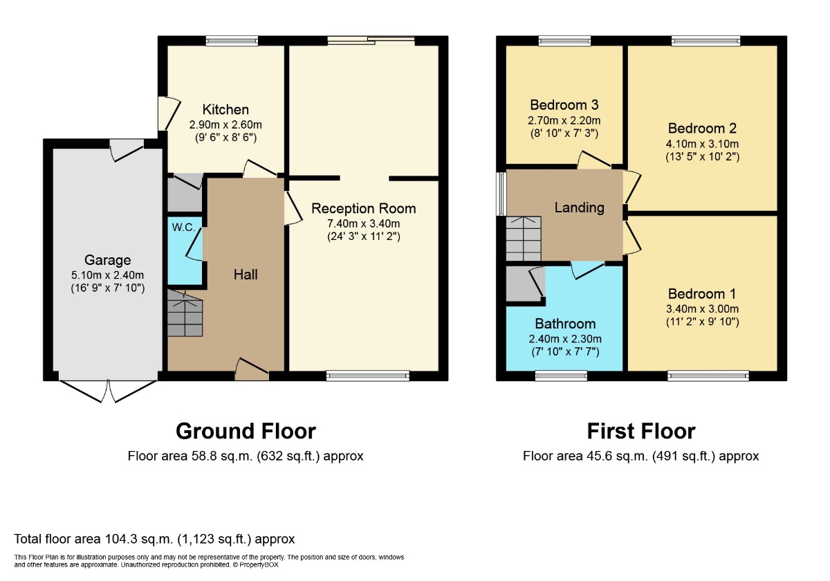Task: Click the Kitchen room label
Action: (x=225, y=110)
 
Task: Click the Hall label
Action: (x=246, y=275)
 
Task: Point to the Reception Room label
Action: (x=364, y=208)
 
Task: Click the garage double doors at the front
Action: (x=108, y=391)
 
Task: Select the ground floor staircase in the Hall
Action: (x=185, y=314)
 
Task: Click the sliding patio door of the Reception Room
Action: (x=371, y=41)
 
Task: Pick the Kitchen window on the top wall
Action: (x=232, y=41)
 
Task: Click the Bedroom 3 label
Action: (x=564, y=105)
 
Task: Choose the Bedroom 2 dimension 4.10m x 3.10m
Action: (x=702, y=144)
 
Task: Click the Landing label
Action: (x=580, y=207)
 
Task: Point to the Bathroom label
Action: (x=565, y=324)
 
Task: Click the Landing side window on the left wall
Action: (x=501, y=194)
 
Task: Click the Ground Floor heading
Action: (x=246, y=431)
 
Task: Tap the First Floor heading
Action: (x=640, y=431)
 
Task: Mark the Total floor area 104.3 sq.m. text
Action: (x=154, y=539)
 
